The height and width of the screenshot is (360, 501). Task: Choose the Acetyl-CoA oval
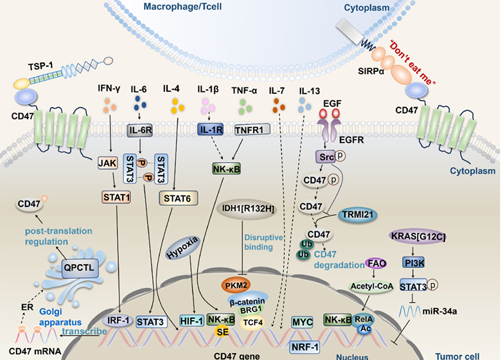coord(369,284)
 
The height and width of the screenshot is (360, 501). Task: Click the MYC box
coord(301,321)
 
